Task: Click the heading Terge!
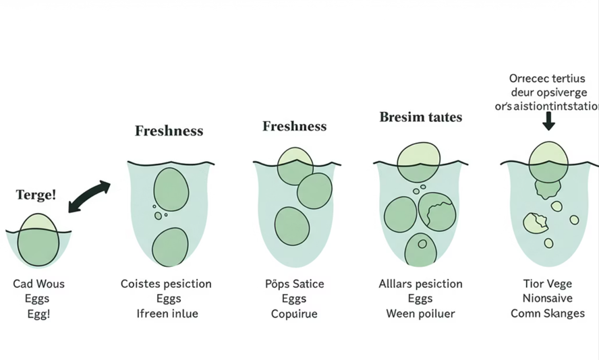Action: (36, 195)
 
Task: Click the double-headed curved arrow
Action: (89, 196)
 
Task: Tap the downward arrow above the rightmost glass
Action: (548, 121)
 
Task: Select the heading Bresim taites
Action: (420, 117)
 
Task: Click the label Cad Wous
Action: (39, 284)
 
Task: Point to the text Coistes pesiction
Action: (166, 284)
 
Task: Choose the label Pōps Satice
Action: (294, 284)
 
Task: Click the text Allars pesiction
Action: (420, 284)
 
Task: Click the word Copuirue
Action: (294, 313)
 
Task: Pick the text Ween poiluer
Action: (420, 313)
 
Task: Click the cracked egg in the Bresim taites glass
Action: (437, 210)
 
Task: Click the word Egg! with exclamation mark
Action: (38, 313)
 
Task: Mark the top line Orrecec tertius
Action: (548, 78)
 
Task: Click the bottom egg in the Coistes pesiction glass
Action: (170, 247)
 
